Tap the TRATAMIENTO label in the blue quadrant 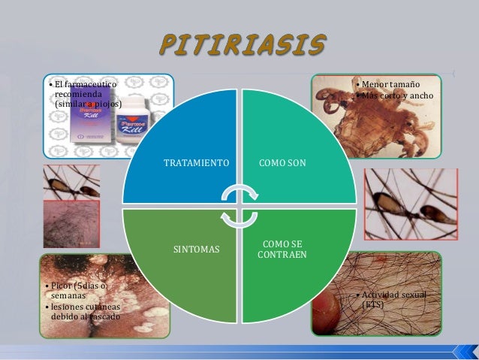pyautogui.click(x=197, y=162)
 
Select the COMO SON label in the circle pyautogui.click(x=282, y=162)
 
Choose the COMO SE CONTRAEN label pyautogui.click(x=282, y=249)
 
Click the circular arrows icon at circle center pyautogui.click(x=239, y=205)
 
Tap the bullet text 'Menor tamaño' pyautogui.click(x=390, y=84)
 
